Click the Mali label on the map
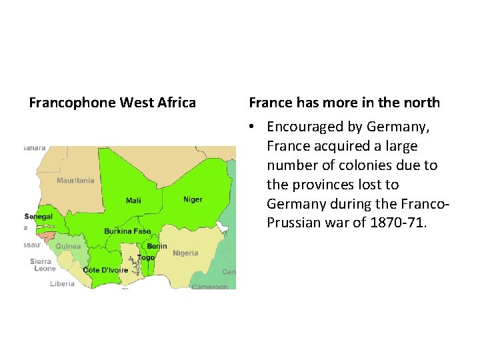[133, 201]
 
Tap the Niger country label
[193, 199]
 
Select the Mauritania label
[75, 181]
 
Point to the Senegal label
[38, 217]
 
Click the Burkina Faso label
[127, 231]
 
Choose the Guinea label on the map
[68, 246]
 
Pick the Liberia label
[63, 283]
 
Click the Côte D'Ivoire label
[105, 270]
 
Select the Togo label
[146, 257]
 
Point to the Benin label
[157, 246]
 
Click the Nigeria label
[185, 253]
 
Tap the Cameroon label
[209, 287]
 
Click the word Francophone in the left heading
[72, 103]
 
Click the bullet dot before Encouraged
[252, 127]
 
